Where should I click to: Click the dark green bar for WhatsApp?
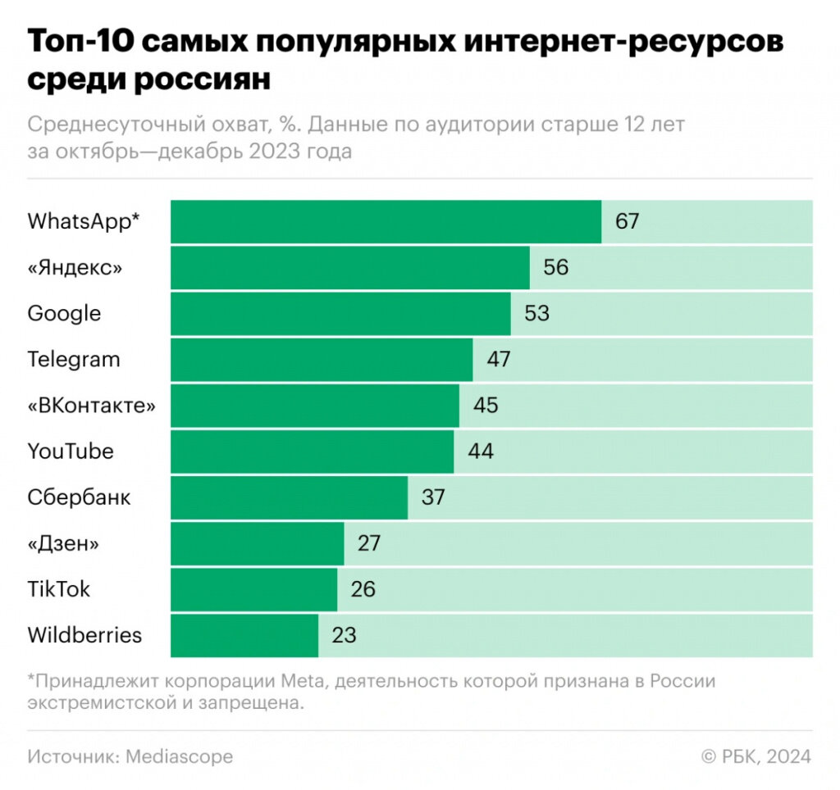(386, 221)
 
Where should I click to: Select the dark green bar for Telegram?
(322, 359)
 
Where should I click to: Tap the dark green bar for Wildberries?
(244, 635)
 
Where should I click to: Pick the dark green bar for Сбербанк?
(289, 497)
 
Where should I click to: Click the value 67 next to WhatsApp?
(627, 221)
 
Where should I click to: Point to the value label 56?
(555, 267)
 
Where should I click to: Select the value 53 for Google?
(536, 313)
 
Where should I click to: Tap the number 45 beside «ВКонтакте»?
(486, 406)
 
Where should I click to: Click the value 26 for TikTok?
(363, 589)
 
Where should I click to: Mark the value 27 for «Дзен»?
(369, 543)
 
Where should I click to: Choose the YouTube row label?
(71, 452)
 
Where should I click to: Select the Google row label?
(64, 313)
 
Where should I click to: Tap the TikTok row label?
(59, 589)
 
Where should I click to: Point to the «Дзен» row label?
(67, 543)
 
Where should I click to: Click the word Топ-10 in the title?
(79, 43)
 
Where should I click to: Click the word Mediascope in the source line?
(179, 756)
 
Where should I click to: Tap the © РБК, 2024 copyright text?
(756, 756)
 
